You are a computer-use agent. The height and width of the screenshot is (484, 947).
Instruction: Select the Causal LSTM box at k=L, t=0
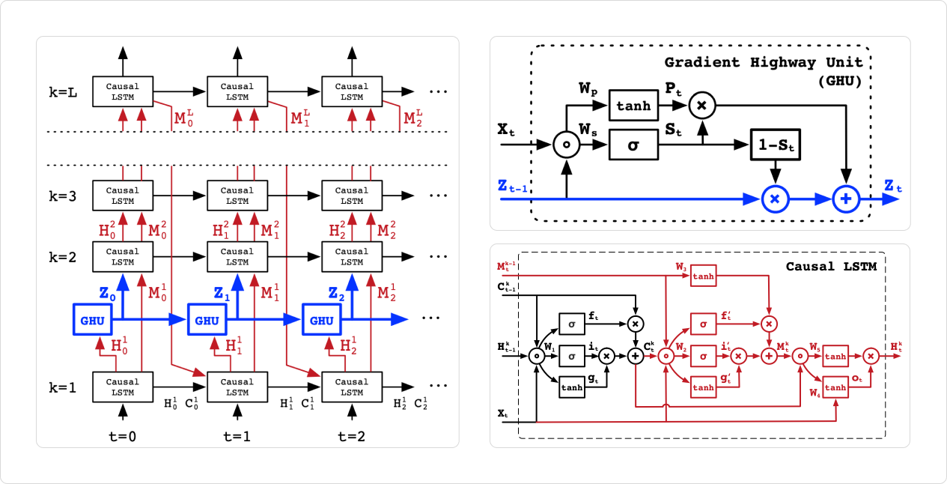[123, 91]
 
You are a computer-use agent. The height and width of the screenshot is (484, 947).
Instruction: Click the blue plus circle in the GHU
[847, 199]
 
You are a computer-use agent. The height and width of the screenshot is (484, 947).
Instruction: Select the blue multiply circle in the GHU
[776, 199]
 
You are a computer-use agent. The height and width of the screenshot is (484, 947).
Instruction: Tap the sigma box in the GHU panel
[633, 144]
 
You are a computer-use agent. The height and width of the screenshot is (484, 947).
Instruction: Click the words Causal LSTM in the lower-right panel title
[831, 266]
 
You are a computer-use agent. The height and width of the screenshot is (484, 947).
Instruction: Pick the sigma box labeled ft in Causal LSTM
[572, 323]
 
